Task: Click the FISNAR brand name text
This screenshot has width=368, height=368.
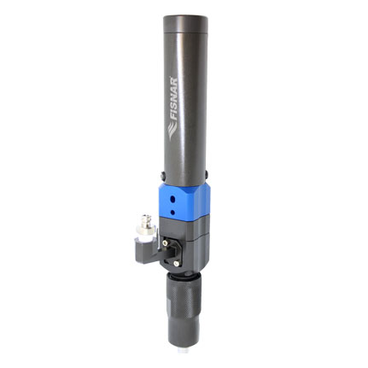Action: [x=174, y=98]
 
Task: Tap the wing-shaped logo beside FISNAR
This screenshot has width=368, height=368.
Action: [x=172, y=131]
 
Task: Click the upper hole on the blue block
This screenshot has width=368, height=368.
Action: [x=172, y=200]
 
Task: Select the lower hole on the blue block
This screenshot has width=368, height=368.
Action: [x=172, y=212]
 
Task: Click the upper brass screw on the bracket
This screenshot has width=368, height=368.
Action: [x=165, y=242]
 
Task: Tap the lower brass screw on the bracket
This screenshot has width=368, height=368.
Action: [x=177, y=264]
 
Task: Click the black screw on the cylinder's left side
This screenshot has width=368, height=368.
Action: [x=162, y=175]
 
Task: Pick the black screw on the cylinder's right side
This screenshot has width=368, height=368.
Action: [x=207, y=174]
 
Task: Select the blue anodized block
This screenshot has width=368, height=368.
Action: [x=184, y=202]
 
